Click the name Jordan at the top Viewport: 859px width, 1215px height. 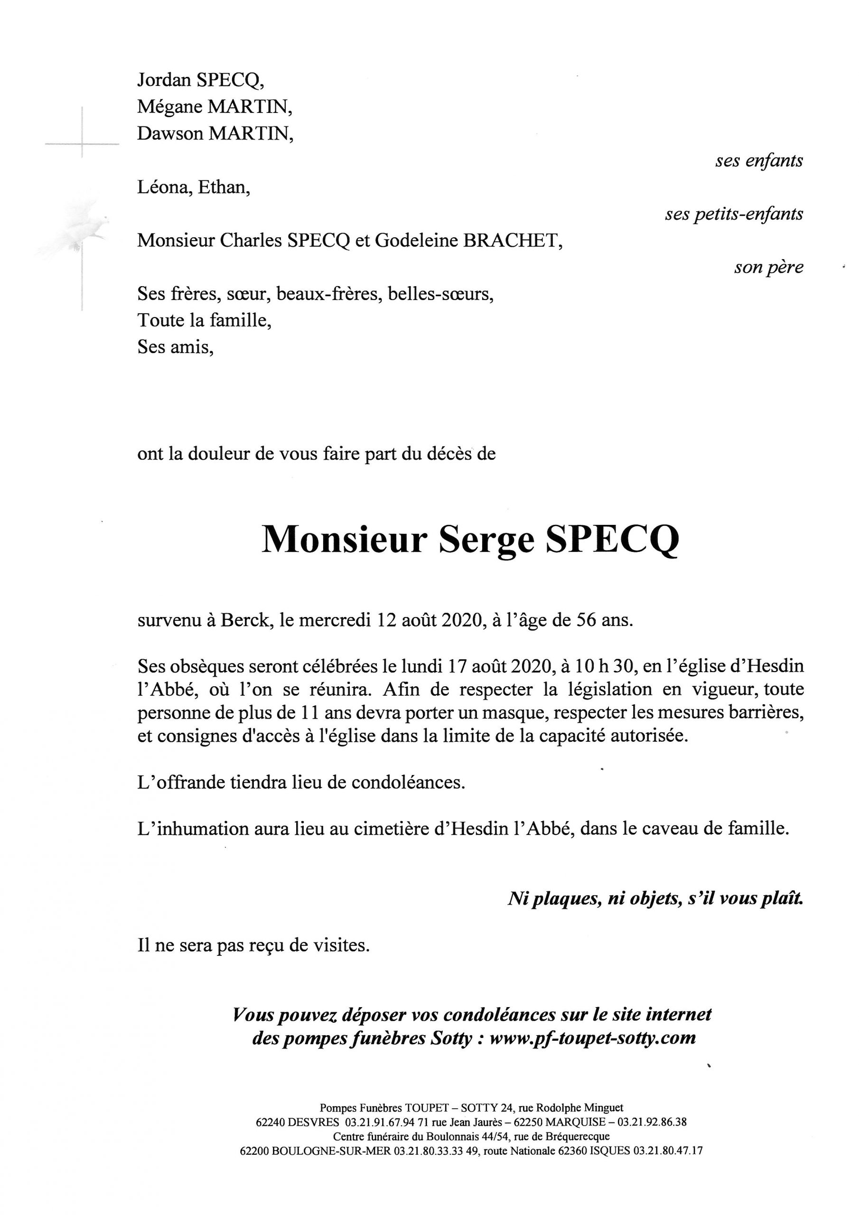pyautogui.click(x=164, y=80)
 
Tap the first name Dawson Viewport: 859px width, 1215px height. pyautogui.click(x=170, y=134)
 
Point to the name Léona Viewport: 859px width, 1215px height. pyautogui.click(x=164, y=188)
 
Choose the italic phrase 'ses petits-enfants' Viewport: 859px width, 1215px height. pyautogui.click(x=734, y=215)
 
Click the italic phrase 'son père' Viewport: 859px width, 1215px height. pyautogui.click(x=768, y=268)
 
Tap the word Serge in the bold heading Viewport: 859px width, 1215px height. pyautogui.click(x=486, y=540)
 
